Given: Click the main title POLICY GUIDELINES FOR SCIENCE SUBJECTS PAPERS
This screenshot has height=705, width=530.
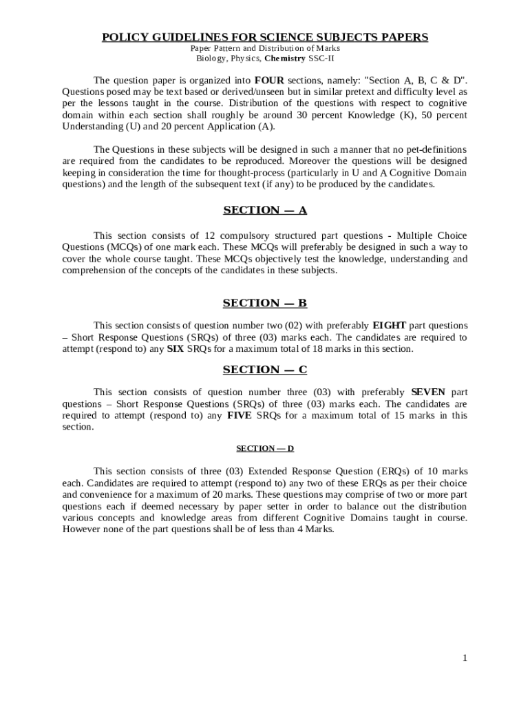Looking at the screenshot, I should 265,36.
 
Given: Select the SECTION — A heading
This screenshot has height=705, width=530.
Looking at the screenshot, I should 265,210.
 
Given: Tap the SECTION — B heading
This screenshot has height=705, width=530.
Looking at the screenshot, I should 265,303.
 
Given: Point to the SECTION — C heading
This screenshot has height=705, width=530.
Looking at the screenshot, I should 265,370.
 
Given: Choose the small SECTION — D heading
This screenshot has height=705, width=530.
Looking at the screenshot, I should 265,448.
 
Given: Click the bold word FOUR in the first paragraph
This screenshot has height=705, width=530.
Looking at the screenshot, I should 269,80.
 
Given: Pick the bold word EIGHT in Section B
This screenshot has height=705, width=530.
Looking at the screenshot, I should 390,326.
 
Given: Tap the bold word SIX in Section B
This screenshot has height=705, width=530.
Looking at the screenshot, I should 176,349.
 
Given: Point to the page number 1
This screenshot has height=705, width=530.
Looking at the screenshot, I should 465,658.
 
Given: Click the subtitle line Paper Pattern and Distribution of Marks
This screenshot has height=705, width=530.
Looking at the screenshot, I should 265,48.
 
